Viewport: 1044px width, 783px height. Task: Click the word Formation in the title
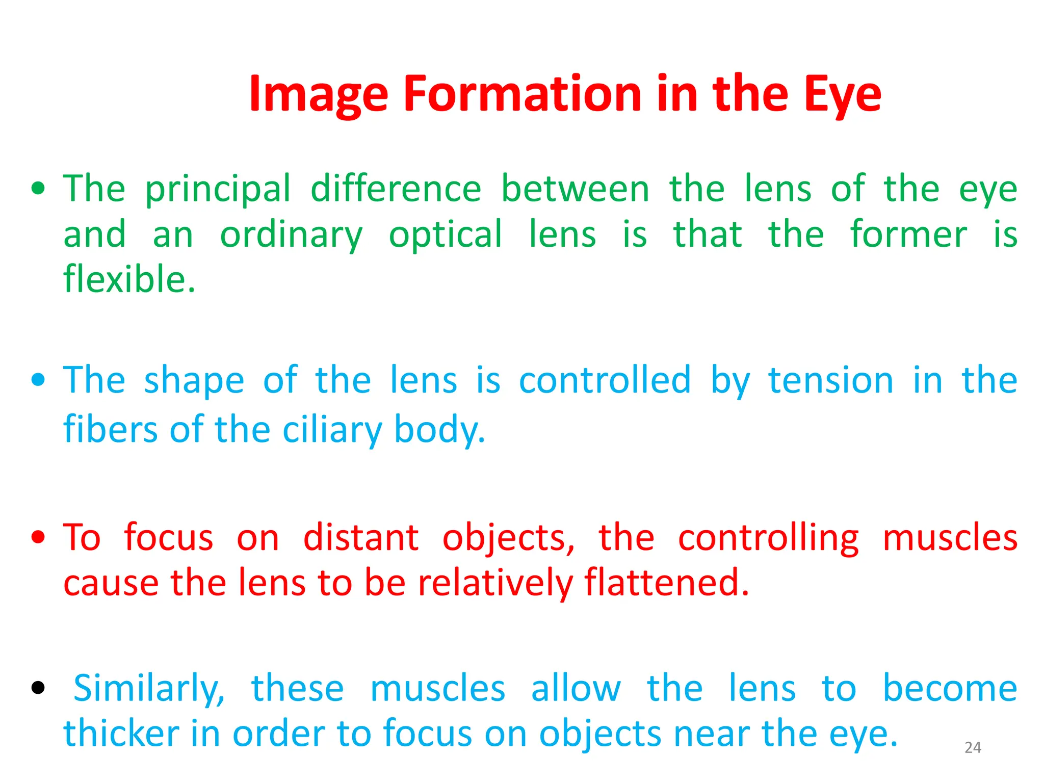[523, 94]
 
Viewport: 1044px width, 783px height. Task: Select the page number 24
[973, 747]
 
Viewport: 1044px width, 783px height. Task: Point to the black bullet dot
[38, 688]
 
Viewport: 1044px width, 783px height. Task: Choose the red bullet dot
[38, 537]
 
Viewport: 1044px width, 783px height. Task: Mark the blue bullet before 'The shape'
[38, 380]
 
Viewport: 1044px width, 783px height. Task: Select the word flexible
[129, 279]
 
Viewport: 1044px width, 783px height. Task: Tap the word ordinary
[291, 235]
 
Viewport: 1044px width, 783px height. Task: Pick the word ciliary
[332, 430]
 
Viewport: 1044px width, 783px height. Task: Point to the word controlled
[605, 380]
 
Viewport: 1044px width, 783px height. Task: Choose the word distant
[361, 538]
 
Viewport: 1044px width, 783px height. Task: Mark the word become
[950, 688]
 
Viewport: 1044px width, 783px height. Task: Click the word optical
[446, 235]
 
